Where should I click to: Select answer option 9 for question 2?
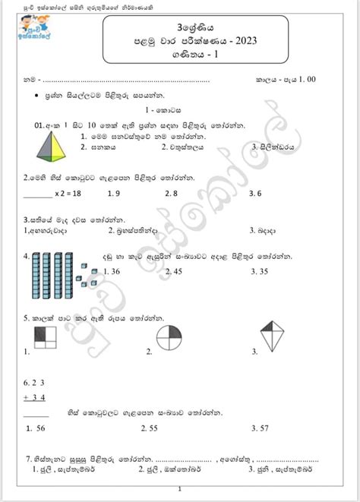(x=118, y=193)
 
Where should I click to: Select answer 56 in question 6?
(x=36, y=428)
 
